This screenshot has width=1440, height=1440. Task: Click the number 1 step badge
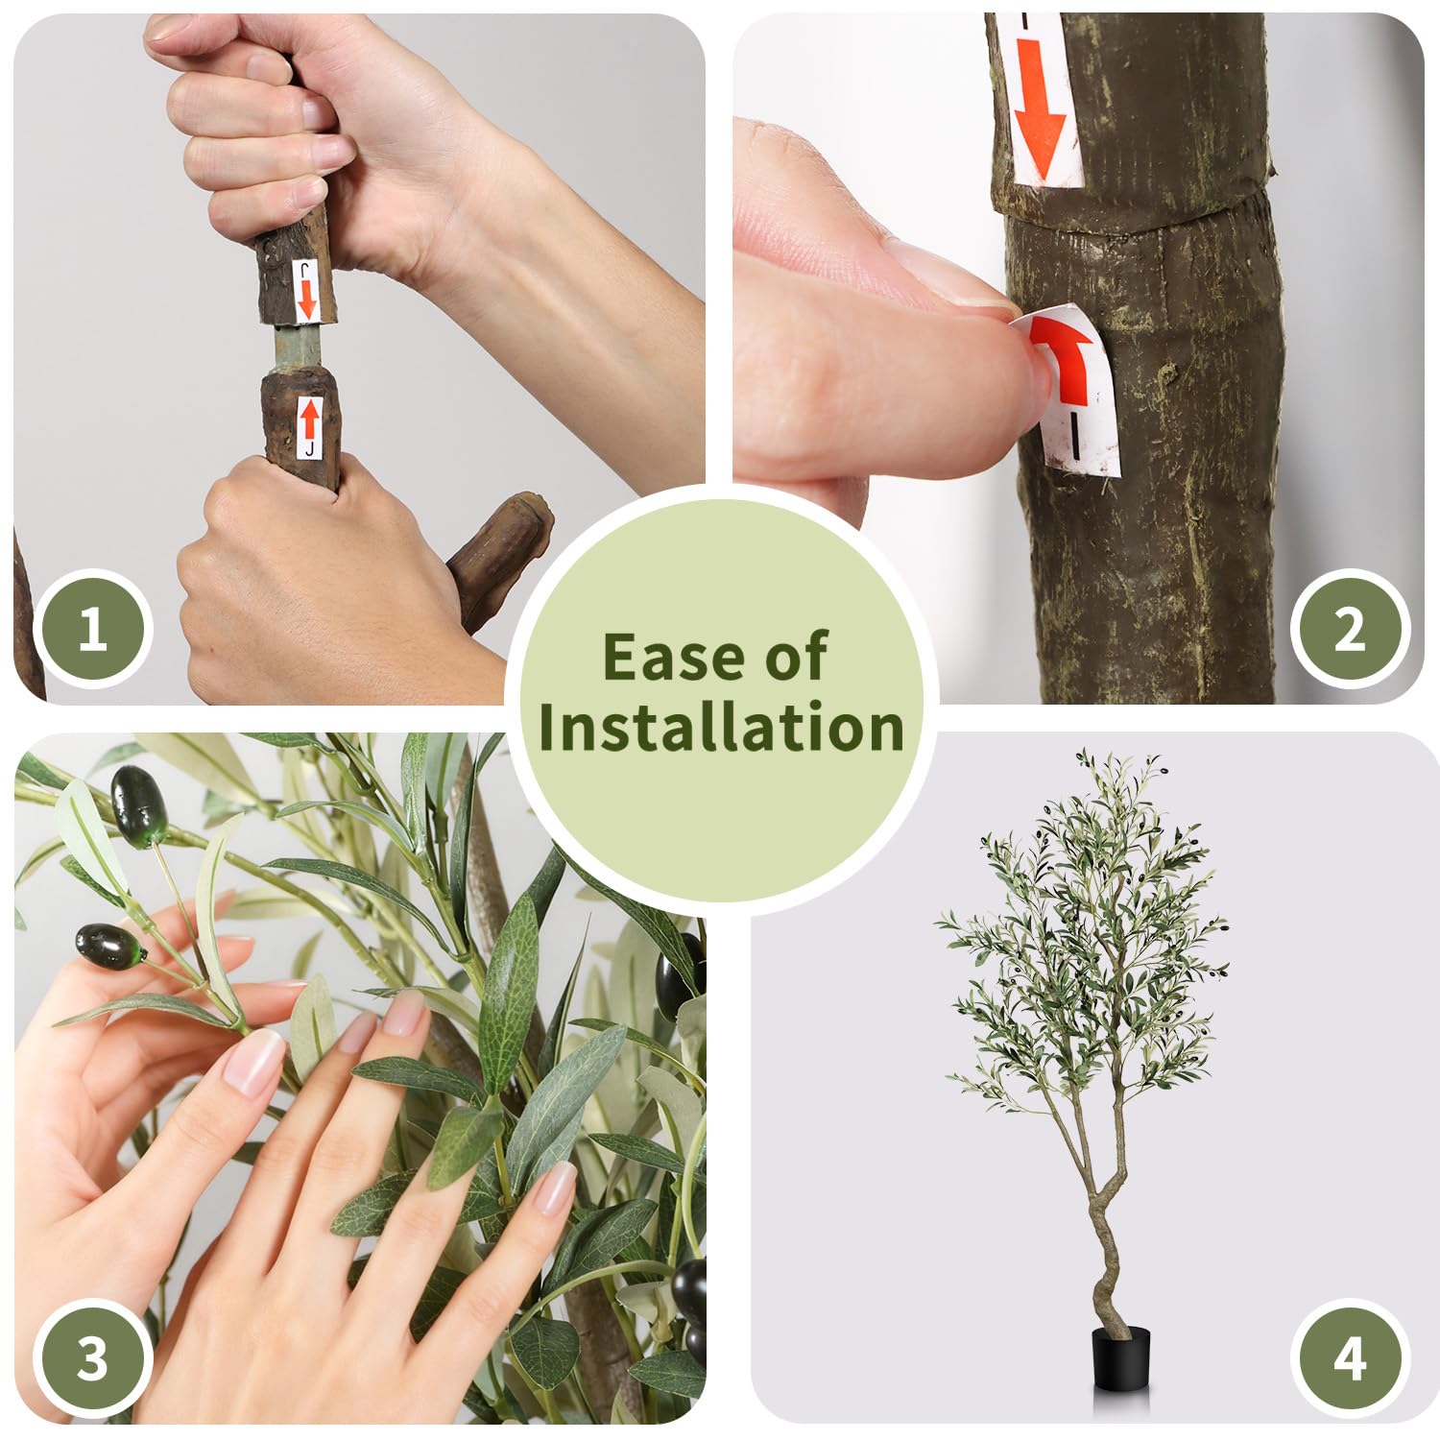[x=92, y=631]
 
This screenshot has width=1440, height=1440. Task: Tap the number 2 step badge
[x=1349, y=631]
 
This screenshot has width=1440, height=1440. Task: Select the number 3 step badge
[x=92, y=1359]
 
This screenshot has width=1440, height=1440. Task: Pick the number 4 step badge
[x=1349, y=1359]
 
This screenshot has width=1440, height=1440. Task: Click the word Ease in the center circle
[x=674, y=658]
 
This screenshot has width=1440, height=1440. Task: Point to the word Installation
[x=721, y=727]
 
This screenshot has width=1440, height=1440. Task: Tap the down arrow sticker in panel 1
[x=306, y=290]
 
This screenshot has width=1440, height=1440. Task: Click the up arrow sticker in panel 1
[x=309, y=427]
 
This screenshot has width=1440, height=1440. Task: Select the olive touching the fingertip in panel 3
[x=108, y=946]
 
